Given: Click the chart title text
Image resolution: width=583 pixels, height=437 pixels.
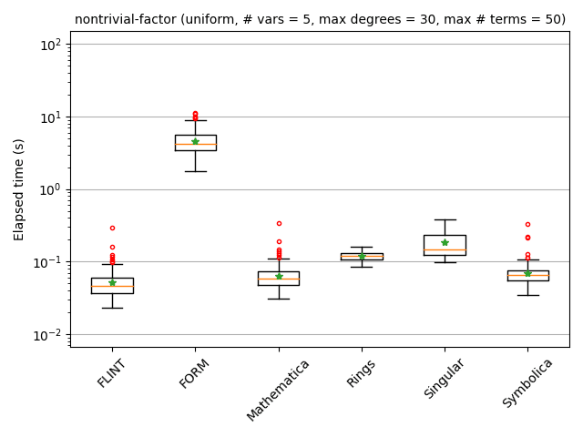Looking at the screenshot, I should click(x=320, y=19).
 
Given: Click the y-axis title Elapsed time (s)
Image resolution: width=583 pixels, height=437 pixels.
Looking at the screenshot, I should click(x=19, y=189).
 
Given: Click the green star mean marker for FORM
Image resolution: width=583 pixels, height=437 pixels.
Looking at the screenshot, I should click(x=195, y=141).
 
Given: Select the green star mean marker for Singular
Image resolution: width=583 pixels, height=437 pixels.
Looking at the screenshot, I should click(x=445, y=242).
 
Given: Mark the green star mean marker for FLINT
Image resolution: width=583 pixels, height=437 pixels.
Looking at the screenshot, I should click(x=112, y=282).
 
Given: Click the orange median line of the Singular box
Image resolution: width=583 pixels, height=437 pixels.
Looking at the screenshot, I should click(x=445, y=249).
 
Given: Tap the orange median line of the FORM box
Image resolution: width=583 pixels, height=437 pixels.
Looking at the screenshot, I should click(x=195, y=144).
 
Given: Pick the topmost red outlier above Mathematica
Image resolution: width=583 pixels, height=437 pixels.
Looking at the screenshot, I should click(x=279, y=223).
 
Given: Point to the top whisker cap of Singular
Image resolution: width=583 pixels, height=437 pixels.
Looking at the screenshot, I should click(x=445, y=219).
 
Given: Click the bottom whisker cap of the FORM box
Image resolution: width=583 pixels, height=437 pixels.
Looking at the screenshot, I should click(x=195, y=171).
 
